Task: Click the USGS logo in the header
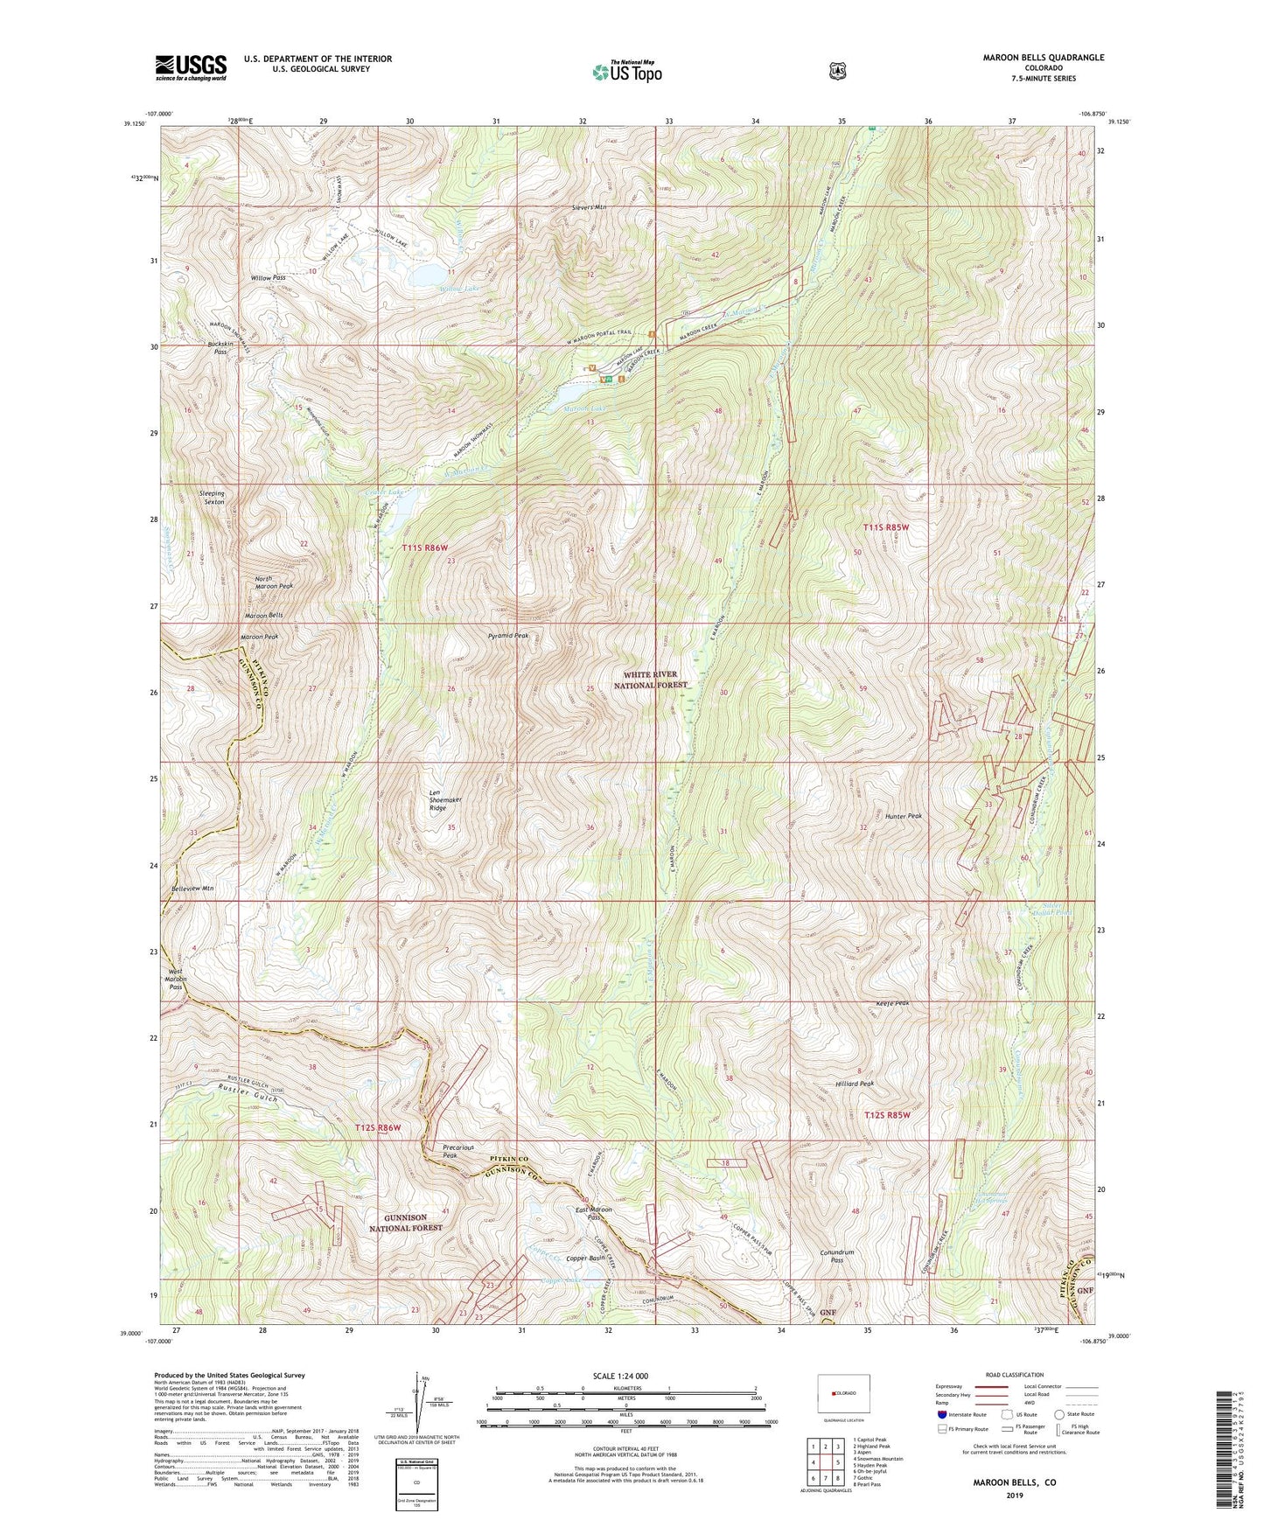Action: point(191,67)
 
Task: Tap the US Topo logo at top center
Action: point(625,72)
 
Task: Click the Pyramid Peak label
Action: point(508,636)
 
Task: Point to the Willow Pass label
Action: point(268,278)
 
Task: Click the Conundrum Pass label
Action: point(836,1255)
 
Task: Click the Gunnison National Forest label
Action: point(405,1222)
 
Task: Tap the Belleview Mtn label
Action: point(192,888)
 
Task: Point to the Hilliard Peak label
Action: point(855,1084)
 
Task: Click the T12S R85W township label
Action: point(887,1115)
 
